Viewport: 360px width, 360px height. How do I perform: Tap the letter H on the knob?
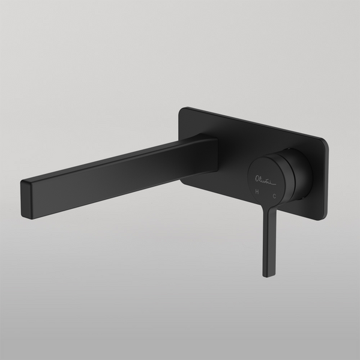(257, 193)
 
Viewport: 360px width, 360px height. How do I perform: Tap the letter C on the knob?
(274, 195)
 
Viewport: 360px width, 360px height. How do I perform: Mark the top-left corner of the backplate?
(184, 109)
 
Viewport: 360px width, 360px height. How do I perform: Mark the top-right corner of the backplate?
(325, 141)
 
